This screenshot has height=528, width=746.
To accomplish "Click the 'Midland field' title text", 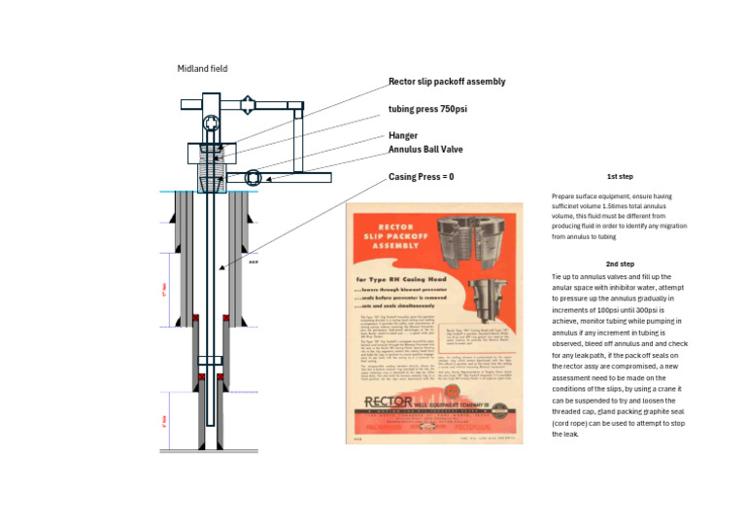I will [202, 69].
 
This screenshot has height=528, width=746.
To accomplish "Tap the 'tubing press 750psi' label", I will [427, 110].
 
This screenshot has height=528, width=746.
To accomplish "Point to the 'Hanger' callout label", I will [403, 136].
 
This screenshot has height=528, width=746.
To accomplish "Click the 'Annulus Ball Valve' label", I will [425, 150].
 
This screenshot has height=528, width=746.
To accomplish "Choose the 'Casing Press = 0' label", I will [421, 177].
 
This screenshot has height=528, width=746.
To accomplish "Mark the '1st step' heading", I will [620, 177].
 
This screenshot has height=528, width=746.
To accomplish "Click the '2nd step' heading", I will [620, 264].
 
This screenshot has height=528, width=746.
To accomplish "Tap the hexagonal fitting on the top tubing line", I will [248, 103].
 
